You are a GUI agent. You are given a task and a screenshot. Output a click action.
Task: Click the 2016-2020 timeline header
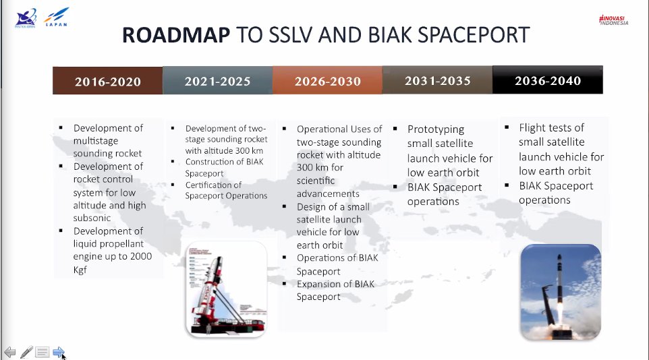[108, 82]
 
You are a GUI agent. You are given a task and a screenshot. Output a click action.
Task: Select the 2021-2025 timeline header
[217, 81]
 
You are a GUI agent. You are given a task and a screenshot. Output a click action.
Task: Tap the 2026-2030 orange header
[327, 81]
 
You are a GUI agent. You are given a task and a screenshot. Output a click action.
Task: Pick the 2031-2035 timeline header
[437, 80]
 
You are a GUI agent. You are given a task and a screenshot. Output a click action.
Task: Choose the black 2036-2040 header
[547, 80]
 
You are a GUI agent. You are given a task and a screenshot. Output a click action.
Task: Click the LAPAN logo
[55, 18]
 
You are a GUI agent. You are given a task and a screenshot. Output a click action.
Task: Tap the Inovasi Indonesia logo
[613, 20]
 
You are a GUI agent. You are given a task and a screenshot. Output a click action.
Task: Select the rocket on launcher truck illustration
[227, 288]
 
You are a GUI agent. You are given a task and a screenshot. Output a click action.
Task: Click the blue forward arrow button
[59, 352]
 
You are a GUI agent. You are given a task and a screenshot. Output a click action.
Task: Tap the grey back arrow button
[9, 352]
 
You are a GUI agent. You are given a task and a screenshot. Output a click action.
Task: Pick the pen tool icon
[26, 352]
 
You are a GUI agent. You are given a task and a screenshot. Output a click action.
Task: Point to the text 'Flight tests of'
[551, 127]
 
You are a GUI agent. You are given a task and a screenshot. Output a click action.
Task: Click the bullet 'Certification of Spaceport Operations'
[226, 190]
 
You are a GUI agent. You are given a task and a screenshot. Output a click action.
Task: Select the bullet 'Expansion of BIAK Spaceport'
[335, 290]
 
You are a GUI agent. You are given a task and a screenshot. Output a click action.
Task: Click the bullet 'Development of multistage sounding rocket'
[108, 140]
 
